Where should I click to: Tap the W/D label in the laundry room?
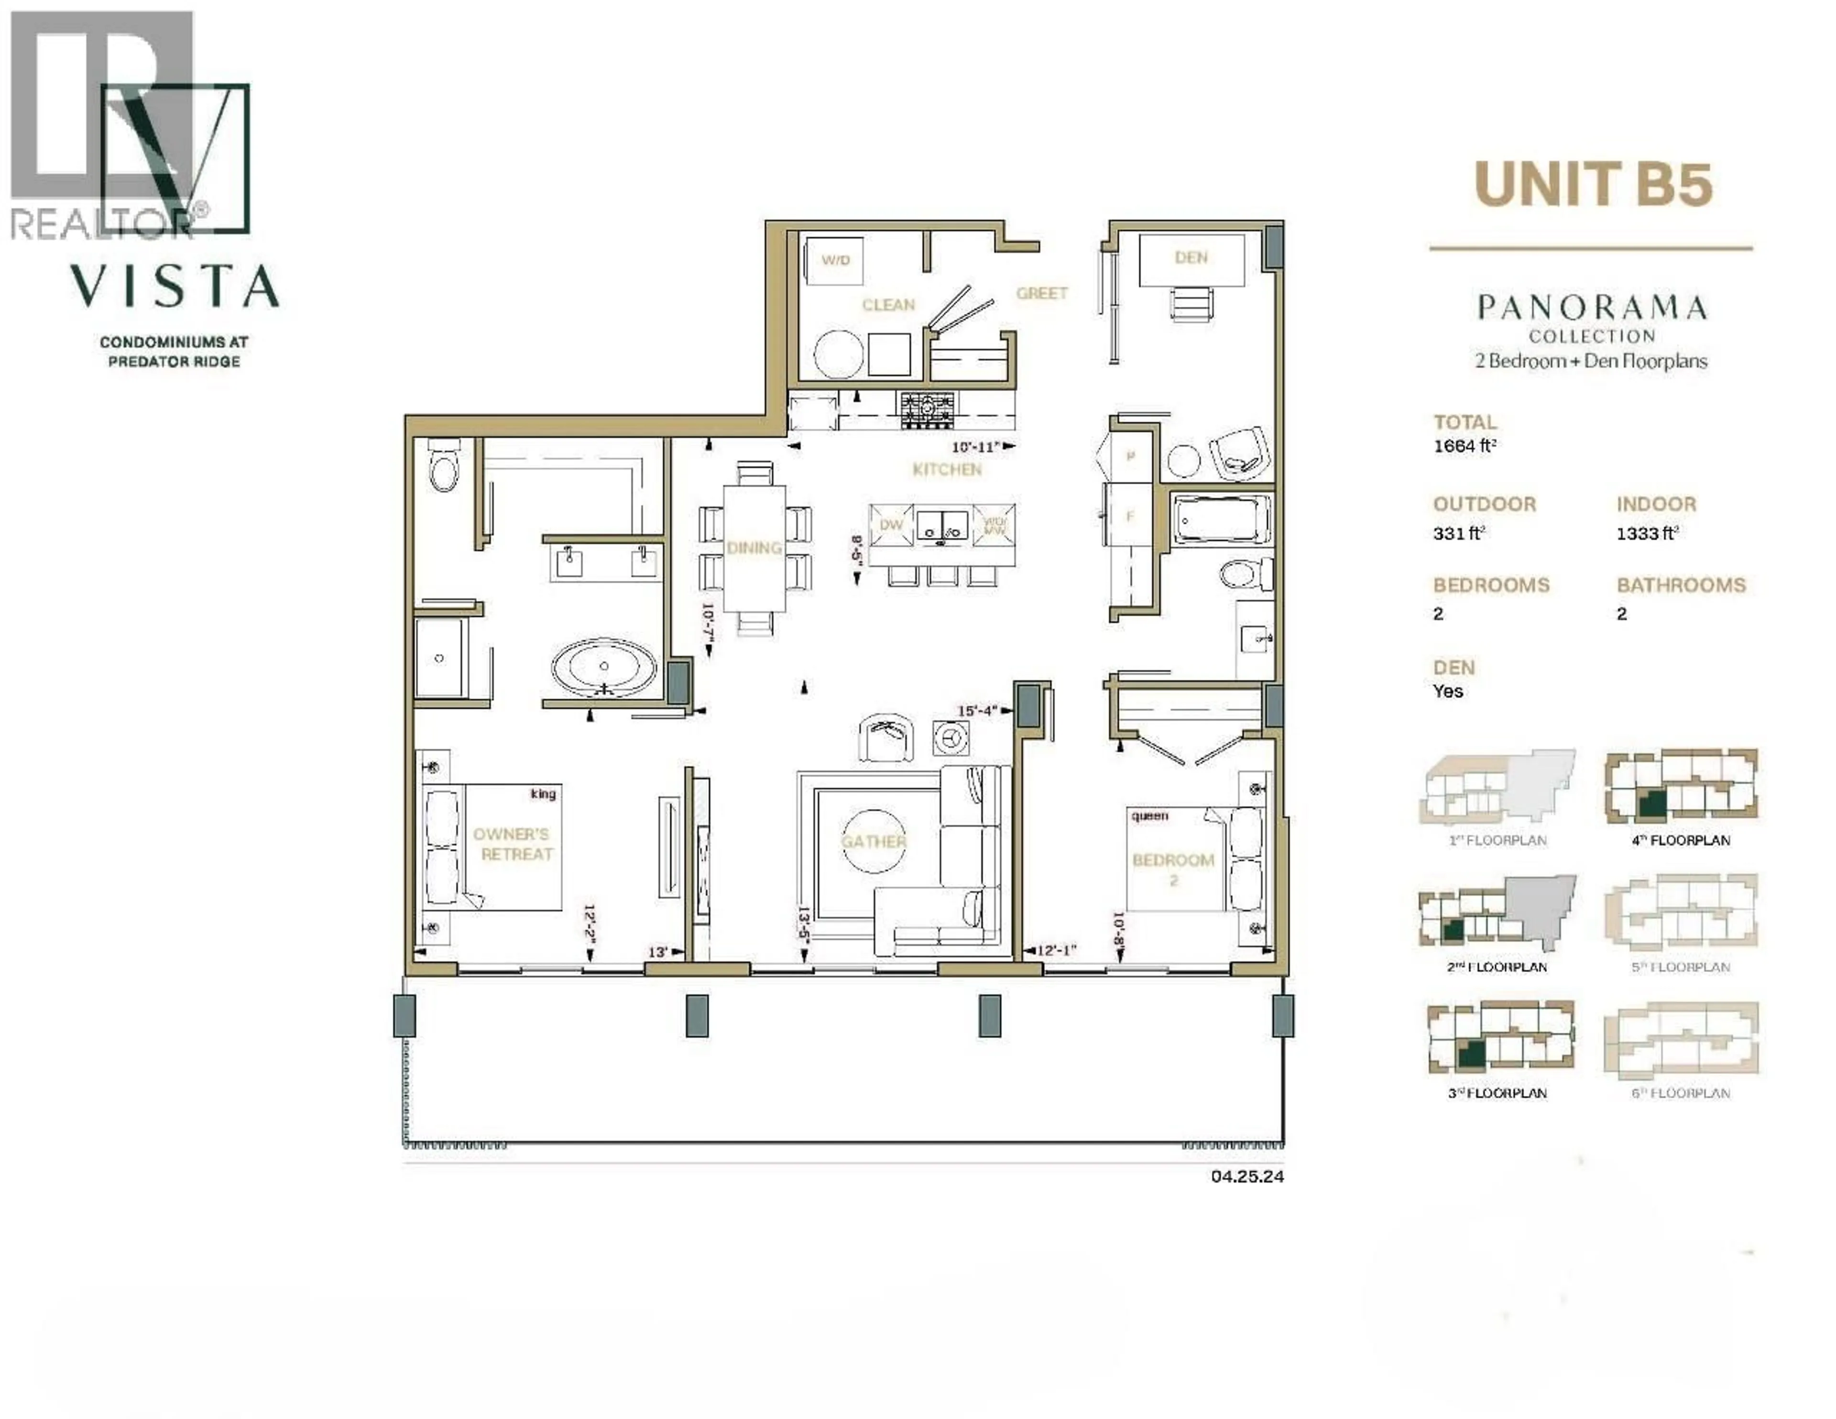pos(836,260)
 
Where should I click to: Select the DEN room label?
pos(1191,257)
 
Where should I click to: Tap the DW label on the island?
pos(891,525)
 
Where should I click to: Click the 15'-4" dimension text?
pos(978,711)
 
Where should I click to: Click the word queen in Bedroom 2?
pos(1149,816)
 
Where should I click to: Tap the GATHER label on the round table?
pos(874,841)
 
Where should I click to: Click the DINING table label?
pos(754,548)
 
